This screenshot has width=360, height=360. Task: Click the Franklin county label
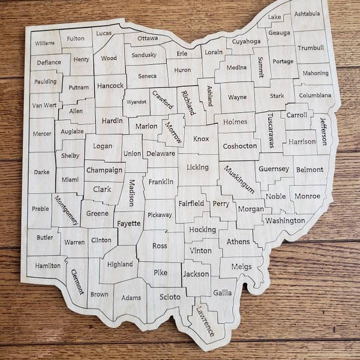(161, 180)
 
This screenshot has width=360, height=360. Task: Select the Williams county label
(44, 43)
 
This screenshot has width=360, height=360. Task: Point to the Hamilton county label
(48, 265)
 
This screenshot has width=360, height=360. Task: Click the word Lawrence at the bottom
(205, 321)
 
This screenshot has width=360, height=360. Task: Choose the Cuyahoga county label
(245, 41)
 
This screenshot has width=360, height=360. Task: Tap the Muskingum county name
(239, 179)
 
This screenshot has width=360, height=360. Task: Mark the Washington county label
(284, 220)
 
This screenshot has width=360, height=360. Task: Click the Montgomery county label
(66, 210)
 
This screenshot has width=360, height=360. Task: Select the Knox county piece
(201, 139)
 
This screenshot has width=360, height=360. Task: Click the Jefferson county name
(323, 130)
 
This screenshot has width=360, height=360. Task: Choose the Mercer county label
(41, 134)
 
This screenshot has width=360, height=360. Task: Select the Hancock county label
(110, 85)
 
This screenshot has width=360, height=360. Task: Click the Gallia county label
(221, 292)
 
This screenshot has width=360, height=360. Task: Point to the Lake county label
(274, 17)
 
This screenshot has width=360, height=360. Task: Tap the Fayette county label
(128, 223)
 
